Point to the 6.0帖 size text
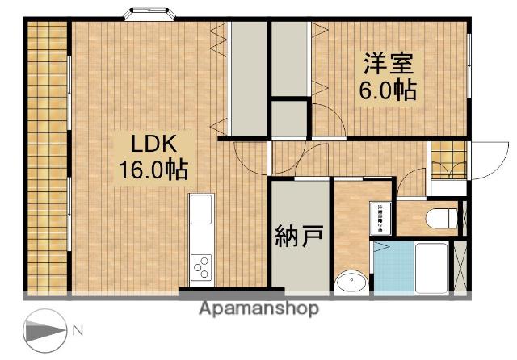click(x=388, y=90)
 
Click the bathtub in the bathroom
click(x=433, y=266)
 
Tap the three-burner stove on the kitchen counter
click(x=201, y=266)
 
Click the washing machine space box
click(x=380, y=216)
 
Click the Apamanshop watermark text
click(x=258, y=308)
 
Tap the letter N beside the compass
click(x=78, y=330)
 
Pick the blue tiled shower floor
click(x=393, y=266)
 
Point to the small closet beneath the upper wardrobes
click(x=289, y=118)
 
